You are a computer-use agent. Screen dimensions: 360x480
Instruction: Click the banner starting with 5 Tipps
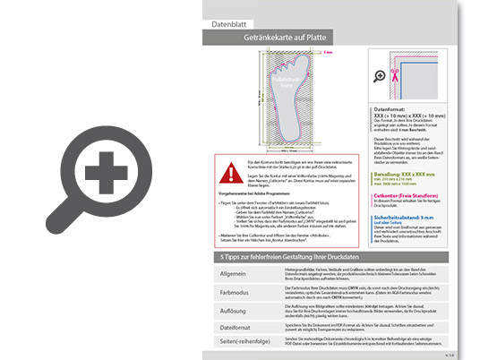pyautogui.click(x=296, y=258)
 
